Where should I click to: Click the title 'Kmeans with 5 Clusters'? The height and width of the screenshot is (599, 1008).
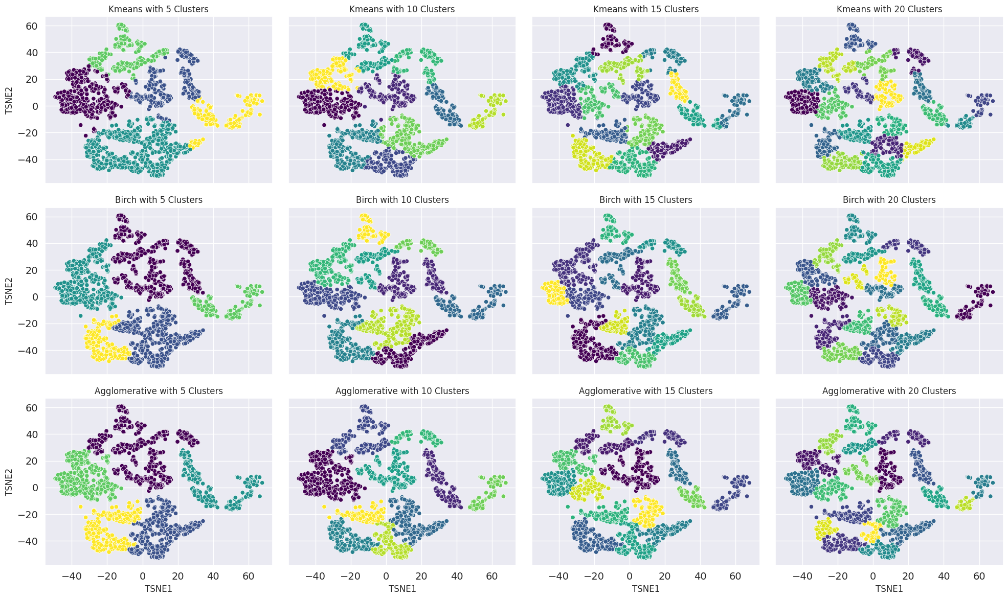click(159, 9)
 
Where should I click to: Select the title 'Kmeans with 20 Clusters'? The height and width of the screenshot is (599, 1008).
click(889, 9)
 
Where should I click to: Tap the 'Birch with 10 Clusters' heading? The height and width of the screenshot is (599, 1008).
click(402, 200)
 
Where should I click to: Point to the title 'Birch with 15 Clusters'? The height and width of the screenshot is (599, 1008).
click(645, 200)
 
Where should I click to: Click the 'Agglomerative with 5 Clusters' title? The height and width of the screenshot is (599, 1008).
click(159, 391)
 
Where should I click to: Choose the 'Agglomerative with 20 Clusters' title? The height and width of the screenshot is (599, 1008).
click(889, 391)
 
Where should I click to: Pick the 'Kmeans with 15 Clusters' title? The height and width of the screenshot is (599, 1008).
click(645, 9)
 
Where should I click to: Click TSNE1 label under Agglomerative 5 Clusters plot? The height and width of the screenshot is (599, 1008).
click(159, 589)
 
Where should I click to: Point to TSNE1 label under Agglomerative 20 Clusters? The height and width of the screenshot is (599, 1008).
click(889, 589)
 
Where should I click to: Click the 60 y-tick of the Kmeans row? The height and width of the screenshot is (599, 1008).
click(33, 26)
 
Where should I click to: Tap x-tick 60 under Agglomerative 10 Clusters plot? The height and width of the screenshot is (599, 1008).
click(492, 575)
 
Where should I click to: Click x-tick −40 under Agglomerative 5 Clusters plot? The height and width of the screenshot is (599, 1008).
click(72, 575)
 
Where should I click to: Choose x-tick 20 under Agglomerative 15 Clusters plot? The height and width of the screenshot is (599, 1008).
click(664, 575)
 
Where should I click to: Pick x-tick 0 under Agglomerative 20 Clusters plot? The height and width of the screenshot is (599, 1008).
click(872, 575)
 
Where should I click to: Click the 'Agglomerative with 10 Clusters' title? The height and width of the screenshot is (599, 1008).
click(402, 391)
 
